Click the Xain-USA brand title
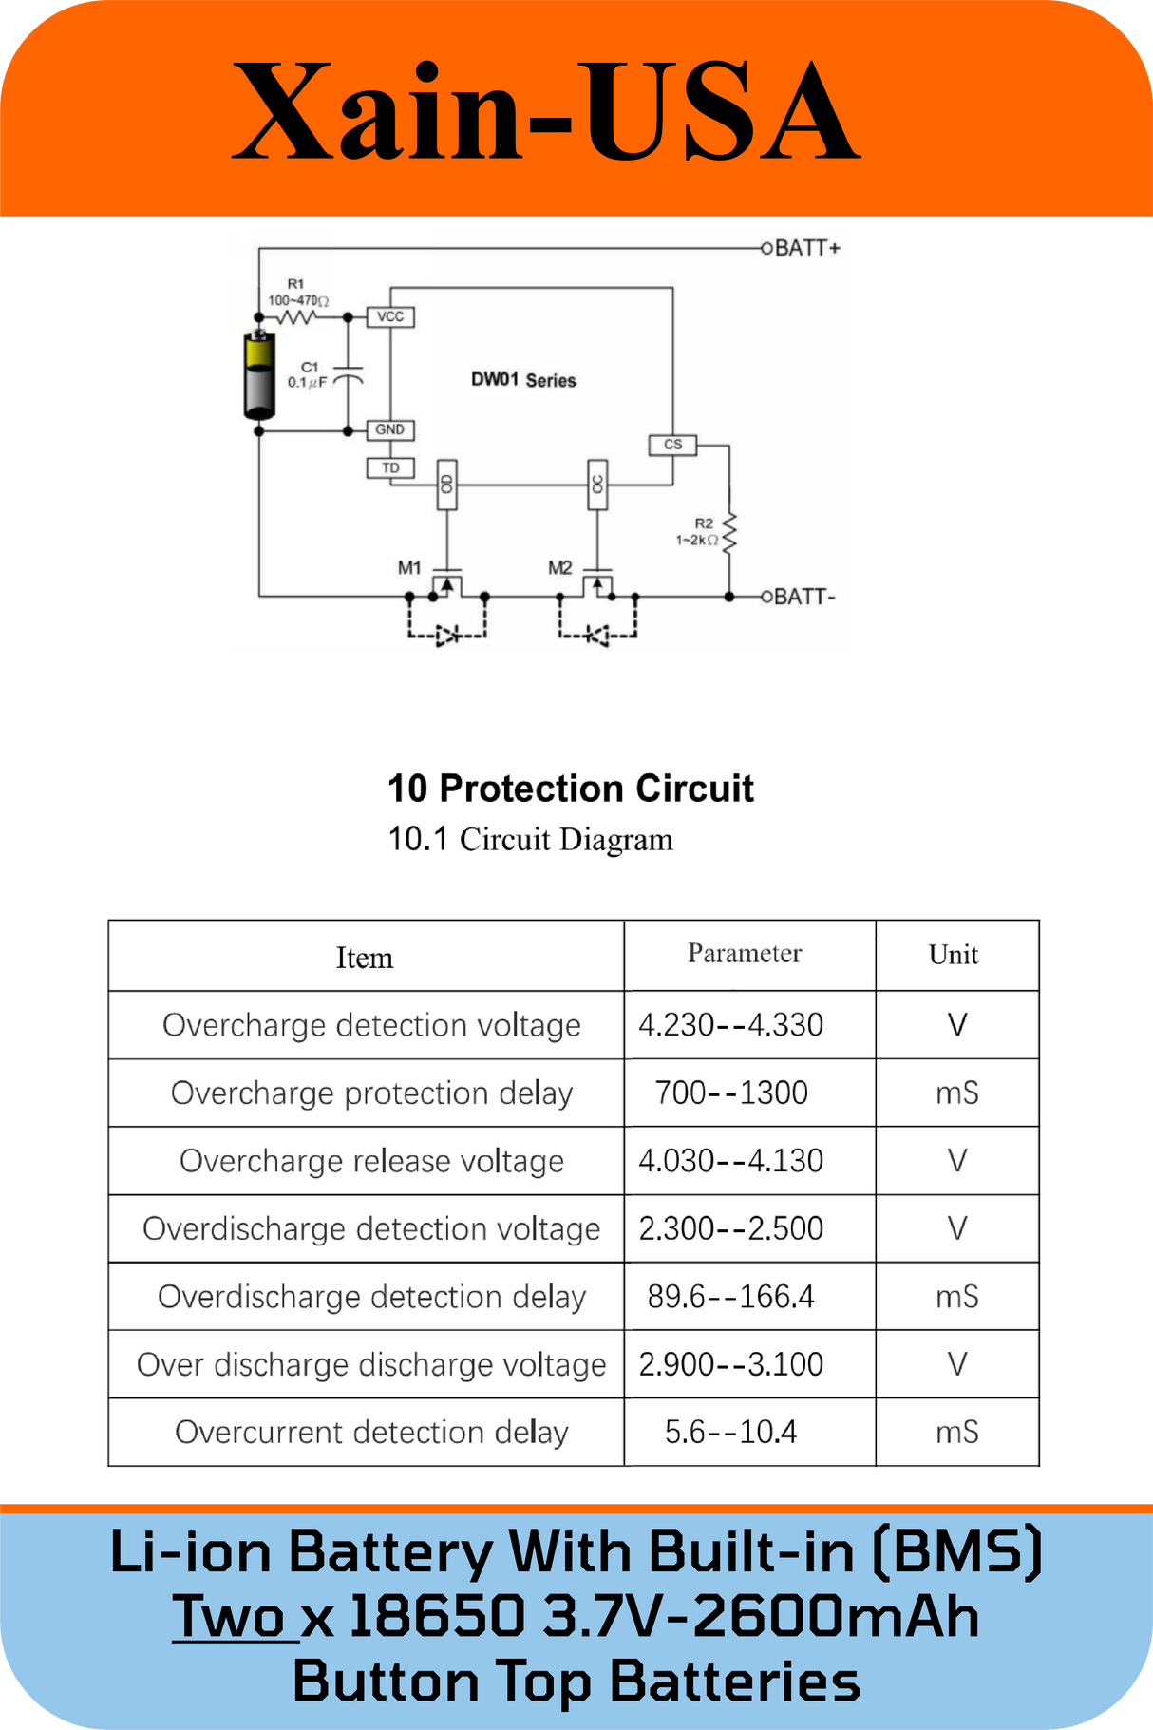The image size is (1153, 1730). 546,112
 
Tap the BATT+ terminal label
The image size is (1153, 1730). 807,248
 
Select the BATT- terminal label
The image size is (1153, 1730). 804,597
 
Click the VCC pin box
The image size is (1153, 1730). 390,316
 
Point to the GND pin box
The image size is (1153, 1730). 390,429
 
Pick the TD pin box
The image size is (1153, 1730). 390,467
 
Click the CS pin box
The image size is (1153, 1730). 672,444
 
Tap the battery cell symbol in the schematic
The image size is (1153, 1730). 259,375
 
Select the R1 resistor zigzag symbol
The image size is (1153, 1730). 295,316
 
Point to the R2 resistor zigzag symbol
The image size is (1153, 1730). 729,534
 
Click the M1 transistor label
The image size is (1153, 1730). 409,568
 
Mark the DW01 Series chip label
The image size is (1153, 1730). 523,380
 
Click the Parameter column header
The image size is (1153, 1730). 745,953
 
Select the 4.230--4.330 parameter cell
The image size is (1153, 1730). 730,1025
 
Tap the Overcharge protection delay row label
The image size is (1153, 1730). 371,1093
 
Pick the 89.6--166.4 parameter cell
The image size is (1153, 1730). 730,1296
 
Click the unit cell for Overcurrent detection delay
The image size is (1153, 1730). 956,1432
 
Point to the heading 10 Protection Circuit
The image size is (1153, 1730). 570,789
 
